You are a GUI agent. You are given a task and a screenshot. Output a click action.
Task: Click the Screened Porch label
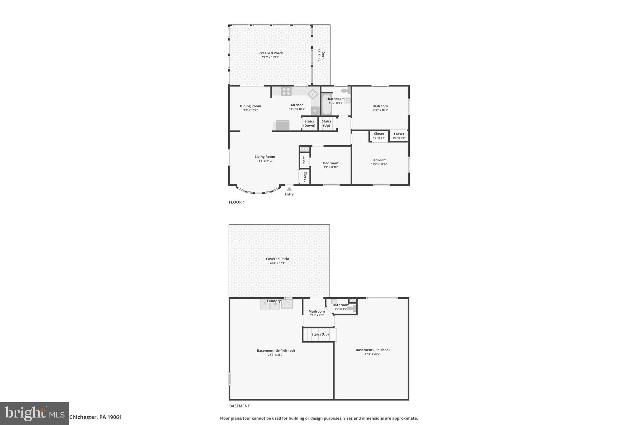pos(270,53)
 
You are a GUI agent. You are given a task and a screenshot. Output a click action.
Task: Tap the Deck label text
pos(323,55)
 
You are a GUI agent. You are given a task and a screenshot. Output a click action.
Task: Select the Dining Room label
pos(250,106)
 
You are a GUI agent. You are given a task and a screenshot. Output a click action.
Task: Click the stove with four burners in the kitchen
pos(286,92)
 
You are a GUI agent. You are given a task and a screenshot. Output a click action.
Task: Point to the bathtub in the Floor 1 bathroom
pos(326,105)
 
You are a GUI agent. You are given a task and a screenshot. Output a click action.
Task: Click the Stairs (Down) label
pos(309,124)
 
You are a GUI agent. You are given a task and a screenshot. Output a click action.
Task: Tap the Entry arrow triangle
pos(289,189)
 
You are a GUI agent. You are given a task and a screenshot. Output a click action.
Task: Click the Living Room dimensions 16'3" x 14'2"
pos(264,161)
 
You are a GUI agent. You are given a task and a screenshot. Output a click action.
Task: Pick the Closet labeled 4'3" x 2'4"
pos(379,136)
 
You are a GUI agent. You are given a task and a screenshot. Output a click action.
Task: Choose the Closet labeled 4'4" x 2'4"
pos(399,136)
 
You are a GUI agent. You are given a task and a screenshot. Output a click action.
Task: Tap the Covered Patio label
pos(277,259)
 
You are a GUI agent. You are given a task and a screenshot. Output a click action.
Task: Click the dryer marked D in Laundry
pos(265,304)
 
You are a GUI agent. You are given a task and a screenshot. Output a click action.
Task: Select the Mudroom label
pos(317,311)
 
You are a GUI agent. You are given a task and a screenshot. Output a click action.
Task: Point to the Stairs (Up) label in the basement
pos(320,334)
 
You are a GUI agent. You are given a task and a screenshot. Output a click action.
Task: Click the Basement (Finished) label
pos(373,350)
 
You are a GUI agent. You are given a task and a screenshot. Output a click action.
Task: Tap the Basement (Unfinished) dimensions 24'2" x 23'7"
pos(276,355)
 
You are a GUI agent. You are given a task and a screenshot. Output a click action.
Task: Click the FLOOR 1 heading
pos(237,202)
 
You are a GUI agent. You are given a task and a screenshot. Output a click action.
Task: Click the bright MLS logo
pos(35,413)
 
